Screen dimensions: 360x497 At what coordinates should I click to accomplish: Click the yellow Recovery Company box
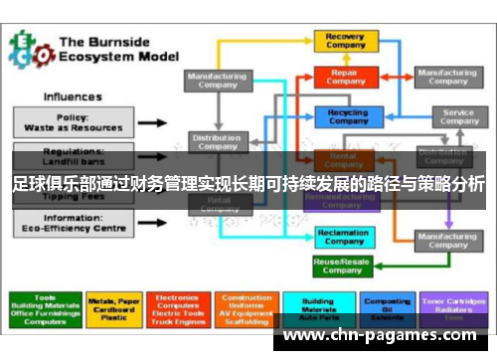[345, 41]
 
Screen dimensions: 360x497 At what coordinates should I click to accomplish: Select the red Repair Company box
[345, 77]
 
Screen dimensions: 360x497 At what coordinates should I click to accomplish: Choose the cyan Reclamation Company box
[342, 236]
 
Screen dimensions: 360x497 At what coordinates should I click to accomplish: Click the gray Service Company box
[457, 117]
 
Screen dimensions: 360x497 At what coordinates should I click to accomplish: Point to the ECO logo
[30, 50]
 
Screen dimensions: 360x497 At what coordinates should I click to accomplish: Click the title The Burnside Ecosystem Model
[116, 50]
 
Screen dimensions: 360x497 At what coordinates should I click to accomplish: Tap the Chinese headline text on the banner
[248, 185]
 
